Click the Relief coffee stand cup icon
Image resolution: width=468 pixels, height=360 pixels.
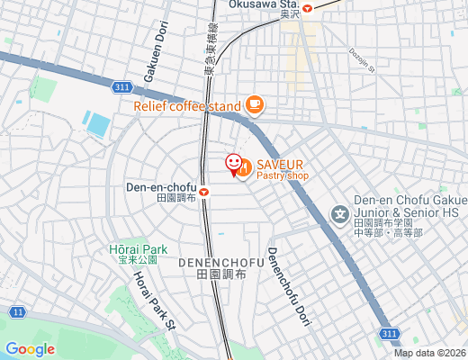pos(254,105)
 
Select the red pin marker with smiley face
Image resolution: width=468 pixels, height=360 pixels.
pos(233,163)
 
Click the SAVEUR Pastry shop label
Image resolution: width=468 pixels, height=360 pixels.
pos(281,169)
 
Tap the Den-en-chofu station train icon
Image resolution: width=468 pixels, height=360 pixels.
pos(204,191)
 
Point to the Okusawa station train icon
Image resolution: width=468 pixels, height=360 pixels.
pos(307,7)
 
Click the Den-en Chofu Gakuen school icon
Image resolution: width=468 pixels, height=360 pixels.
pos(339,214)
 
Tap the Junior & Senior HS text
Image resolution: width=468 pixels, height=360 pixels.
pos(408,211)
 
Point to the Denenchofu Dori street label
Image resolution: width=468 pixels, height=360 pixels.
pos(286,286)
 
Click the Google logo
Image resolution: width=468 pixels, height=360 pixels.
pos(30,349)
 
